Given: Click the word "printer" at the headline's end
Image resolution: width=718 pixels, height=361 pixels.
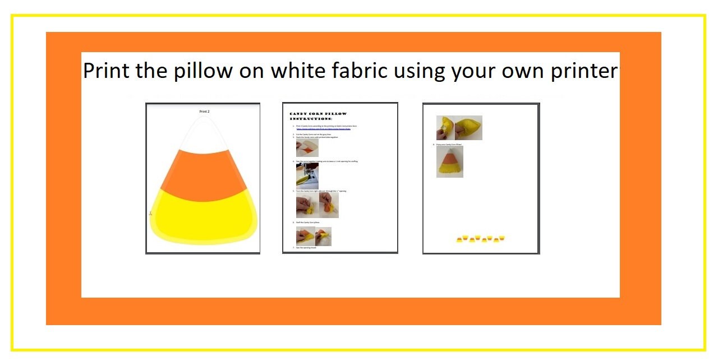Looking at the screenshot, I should pyautogui.click(x=583, y=72).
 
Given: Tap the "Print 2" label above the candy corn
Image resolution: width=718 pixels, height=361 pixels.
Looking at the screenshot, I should pyautogui.click(x=204, y=112).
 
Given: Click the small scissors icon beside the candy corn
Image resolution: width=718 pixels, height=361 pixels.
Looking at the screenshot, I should pyautogui.click(x=150, y=214).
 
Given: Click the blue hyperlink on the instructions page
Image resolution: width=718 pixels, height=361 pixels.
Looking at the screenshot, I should pyautogui.click(x=322, y=129).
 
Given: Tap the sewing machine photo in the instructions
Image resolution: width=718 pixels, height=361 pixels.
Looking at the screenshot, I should pyautogui.click(x=307, y=176).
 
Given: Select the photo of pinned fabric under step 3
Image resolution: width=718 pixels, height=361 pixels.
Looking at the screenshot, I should pyautogui.click(x=307, y=147).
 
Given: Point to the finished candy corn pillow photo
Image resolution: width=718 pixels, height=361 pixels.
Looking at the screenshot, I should pyautogui.click(x=449, y=162).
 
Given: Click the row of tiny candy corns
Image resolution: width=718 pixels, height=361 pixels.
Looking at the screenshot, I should pyautogui.click(x=481, y=239).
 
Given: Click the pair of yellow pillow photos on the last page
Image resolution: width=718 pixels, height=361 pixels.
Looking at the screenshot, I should pyautogui.click(x=459, y=128).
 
